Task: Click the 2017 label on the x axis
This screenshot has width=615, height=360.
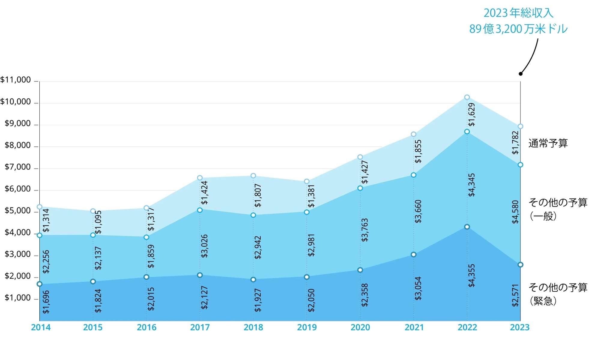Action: [x=200, y=327]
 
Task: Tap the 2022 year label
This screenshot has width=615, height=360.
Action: [x=467, y=327]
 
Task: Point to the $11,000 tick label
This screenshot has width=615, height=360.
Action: [x=16, y=80]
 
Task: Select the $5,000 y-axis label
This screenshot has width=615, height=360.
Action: [x=18, y=211]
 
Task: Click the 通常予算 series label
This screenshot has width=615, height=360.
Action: [x=548, y=143]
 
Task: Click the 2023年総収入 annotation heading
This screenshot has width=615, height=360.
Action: [x=518, y=13]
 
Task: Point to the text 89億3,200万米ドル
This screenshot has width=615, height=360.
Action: [x=518, y=29]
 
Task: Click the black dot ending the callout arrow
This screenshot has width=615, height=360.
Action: [x=520, y=74]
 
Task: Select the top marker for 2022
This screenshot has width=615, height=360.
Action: [x=467, y=97]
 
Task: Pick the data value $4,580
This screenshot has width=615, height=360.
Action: [x=515, y=212]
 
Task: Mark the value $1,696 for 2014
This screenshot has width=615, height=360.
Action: [x=46, y=302]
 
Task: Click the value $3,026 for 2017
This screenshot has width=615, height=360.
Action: [x=204, y=246]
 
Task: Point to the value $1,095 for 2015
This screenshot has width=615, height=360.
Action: [x=98, y=222]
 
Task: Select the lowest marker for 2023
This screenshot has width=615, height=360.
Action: [x=520, y=265]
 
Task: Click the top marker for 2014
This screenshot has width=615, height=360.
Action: [x=39, y=207]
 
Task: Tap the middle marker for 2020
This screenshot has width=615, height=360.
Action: [x=360, y=188]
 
